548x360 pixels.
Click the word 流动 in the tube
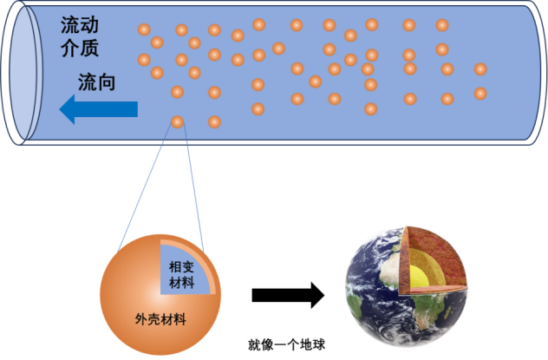[x=80, y=25]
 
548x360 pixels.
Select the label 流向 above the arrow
[x=96, y=83]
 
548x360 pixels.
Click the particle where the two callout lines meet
[x=177, y=122]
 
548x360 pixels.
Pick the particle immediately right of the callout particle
[x=214, y=122]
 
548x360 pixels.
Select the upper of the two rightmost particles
[x=480, y=69]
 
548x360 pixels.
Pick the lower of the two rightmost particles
[x=480, y=93]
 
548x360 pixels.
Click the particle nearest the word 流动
[x=144, y=29]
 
